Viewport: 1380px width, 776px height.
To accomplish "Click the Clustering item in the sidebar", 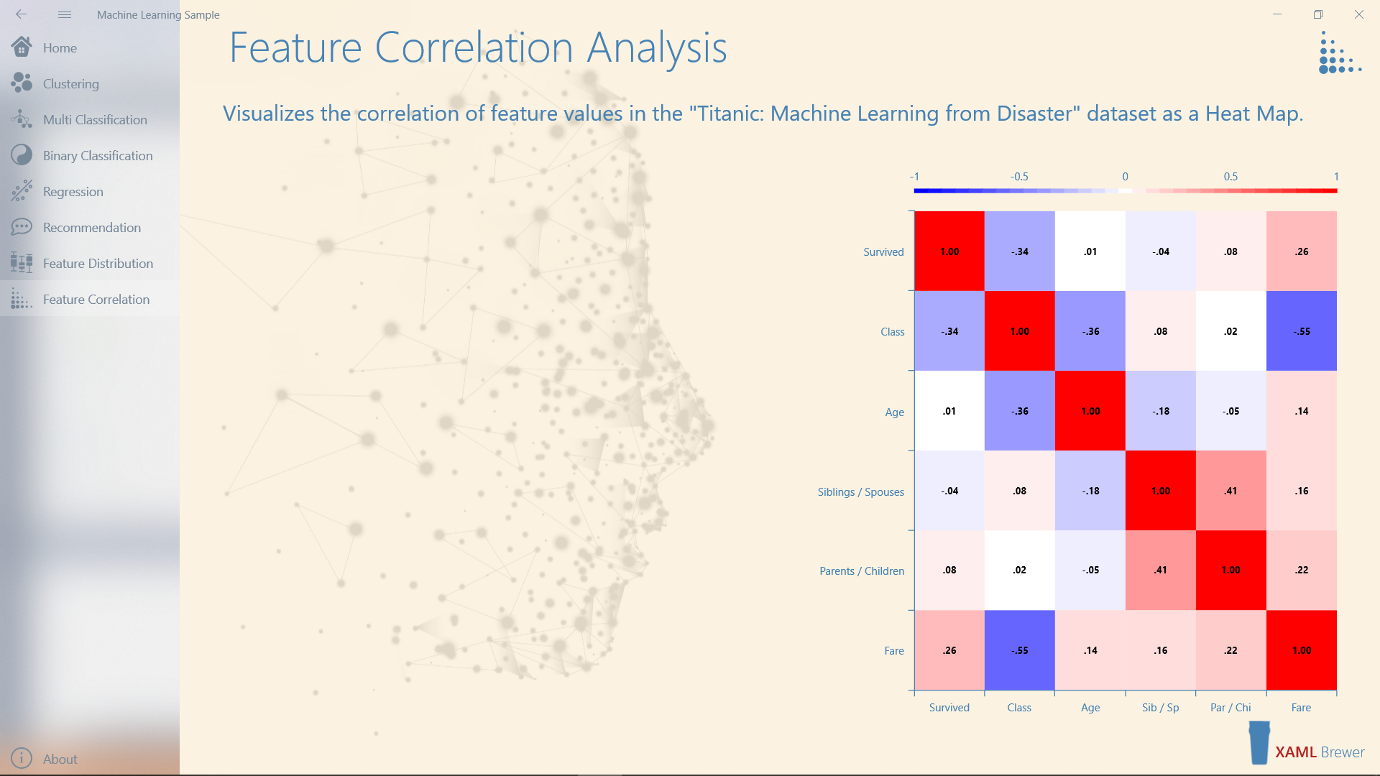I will (x=70, y=84).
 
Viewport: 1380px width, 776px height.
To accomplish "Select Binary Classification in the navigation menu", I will (x=97, y=156).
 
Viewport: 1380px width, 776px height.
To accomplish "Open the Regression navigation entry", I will (x=73, y=192).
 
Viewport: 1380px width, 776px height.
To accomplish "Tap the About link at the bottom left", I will (x=60, y=759).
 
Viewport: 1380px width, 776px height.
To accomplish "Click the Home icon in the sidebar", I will (x=22, y=47).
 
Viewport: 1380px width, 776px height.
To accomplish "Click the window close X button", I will (x=1358, y=14).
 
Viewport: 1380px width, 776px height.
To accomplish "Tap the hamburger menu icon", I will (x=65, y=14).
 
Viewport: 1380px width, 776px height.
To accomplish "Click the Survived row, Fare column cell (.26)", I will (x=1302, y=251).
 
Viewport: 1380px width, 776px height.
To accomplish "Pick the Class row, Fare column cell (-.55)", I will (x=1302, y=331).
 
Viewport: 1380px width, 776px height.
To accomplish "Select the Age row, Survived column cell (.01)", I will (x=949, y=411).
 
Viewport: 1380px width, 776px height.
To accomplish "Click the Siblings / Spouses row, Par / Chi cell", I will (x=1231, y=491).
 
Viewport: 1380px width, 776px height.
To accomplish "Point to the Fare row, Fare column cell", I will (x=1302, y=650).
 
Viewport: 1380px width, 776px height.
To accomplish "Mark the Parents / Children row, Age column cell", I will (x=1090, y=570).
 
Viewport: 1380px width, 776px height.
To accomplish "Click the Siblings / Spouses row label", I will (x=860, y=492).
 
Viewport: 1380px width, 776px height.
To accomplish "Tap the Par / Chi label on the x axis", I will (x=1230, y=708).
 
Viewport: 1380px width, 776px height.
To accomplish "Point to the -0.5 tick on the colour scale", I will (x=1019, y=177).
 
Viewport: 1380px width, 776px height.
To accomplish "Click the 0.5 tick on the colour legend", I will (x=1230, y=177).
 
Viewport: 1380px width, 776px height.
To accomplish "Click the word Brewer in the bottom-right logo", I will (x=1343, y=752).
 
